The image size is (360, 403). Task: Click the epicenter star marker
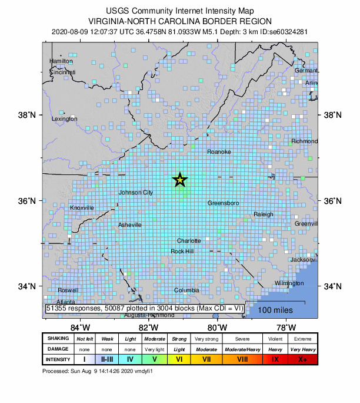tap(180, 180)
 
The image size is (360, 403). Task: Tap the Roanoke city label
tap(219, 152)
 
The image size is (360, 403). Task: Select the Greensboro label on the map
tap(224, 203)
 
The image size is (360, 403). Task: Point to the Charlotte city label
tap(189, 240)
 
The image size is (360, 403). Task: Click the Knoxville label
tap(82, 208)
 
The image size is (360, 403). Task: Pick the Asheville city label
tap(130, 225)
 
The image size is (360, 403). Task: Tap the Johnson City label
tap(136, 193)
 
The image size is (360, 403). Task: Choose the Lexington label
tap(65, 118)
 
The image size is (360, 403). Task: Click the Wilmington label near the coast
tap(289, 283)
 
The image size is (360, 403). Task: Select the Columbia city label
tap(186, 290)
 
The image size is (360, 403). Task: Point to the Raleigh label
tap(264, 214)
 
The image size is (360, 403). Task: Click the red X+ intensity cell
tap(302, 359)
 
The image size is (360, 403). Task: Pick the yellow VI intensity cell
tap(178, 359)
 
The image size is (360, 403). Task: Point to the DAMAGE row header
tap(57, 349)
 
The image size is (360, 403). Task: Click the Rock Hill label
tap(182, 252)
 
